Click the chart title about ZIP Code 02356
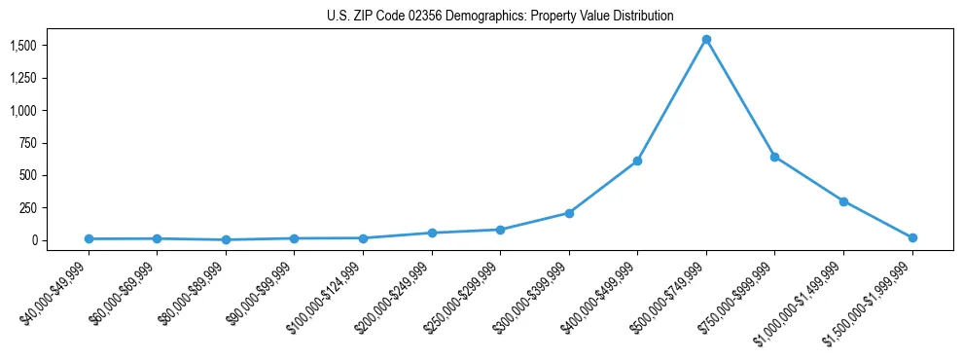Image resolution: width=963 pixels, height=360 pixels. [499, 17]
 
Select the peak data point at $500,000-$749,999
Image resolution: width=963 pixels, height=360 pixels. [706, 40]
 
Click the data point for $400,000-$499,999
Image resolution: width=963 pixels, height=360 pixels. [637, 161]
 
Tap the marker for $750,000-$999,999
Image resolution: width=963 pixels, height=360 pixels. [774, 157]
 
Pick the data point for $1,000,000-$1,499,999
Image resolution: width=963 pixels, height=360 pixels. [843, 201]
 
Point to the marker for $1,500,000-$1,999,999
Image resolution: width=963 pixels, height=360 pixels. [912, 237]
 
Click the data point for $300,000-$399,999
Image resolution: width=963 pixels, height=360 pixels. [569, 213]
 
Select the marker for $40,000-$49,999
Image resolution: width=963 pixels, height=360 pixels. [89, 238]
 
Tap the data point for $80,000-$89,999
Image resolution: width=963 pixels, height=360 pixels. [226, 239]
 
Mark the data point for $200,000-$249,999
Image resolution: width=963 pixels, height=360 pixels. [432, 233]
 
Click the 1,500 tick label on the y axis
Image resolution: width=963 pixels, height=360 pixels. [23, 46]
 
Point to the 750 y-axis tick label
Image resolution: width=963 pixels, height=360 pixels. [28, 143]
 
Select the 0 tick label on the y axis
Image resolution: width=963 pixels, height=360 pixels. [34, 240]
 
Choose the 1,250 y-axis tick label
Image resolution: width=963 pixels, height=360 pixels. [23, 78]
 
